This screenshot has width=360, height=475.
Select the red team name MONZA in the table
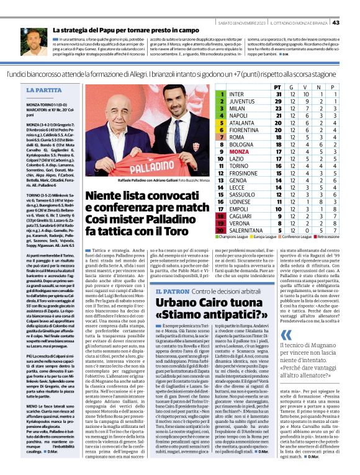[239, 151]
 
